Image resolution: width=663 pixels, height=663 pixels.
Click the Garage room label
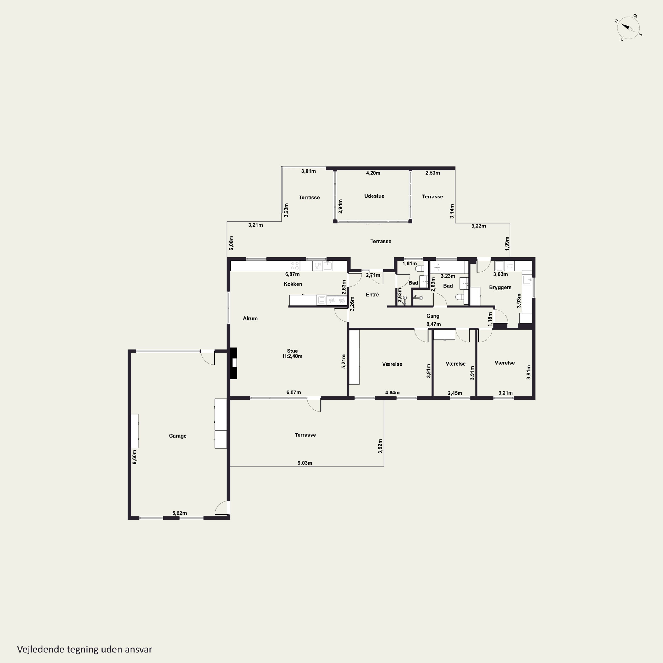[x=177, y=436]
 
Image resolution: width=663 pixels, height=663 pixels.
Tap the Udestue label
[x=374, y=196]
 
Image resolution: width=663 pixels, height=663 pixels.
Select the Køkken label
[x=293, y=284]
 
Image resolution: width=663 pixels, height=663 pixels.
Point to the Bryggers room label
[x=500, y=287]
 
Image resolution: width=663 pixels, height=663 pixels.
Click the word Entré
[x=372, y=294]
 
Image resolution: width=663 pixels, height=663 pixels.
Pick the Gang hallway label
[x=433, y=316]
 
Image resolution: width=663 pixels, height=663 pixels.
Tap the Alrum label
[x=250, y=318]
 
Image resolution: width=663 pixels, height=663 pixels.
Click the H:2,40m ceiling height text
[x=292, y=356]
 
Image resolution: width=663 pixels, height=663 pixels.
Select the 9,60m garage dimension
[x=135, y=457]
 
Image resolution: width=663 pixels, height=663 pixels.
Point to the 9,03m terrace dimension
[x=305, y=463]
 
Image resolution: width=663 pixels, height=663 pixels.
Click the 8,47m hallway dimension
[x=433, y=324]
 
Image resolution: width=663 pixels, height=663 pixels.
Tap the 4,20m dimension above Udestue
[x=373, y=173]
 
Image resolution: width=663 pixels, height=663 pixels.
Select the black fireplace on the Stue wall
[x=233, y=363]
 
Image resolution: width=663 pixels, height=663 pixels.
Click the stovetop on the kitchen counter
[x=295, y=266]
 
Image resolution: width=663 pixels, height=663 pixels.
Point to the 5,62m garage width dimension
[x=179, y=513]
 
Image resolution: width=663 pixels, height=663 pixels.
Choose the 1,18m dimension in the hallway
[x=490, y=316]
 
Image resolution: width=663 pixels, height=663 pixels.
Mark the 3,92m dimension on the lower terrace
[x=380, y=446]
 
